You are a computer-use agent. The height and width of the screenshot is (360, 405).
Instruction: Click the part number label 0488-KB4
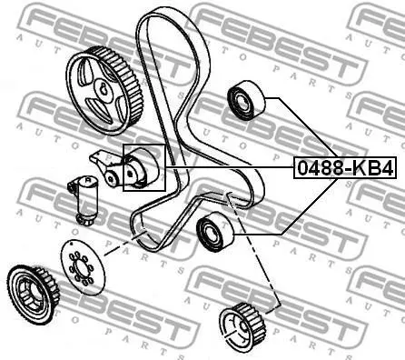coord(345,168)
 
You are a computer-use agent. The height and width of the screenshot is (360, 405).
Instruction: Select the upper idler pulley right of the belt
coord(246,100)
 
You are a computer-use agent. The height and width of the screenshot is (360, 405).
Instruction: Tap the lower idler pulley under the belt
coord(215,232)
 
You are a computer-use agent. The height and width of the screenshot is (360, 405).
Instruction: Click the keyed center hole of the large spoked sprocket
coord(102,90)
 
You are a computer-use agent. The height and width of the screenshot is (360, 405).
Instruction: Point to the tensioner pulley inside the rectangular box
coord(142,167)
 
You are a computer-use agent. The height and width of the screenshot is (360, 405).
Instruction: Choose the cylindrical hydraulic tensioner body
coord(85,198)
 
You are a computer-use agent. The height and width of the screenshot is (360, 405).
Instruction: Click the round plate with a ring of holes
coord(83,267)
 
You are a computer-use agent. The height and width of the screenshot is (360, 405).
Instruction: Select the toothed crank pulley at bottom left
coord(34,295)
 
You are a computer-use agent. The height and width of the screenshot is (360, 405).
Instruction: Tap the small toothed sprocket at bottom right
coord(243,327)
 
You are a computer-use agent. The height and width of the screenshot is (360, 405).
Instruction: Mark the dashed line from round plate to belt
coord(125,243)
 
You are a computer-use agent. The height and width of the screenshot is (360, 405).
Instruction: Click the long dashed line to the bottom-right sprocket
coord(253,251)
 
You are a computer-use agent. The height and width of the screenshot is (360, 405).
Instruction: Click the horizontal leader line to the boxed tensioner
coord(230,167)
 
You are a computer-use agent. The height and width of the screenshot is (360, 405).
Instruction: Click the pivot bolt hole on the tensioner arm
coord(111,178)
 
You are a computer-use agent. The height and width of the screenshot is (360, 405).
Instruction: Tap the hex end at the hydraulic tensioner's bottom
coord(84,219)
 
